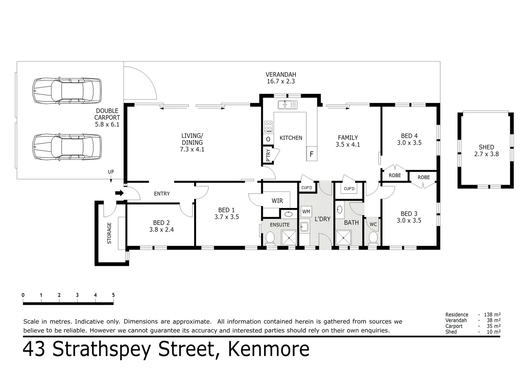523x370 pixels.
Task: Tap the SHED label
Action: (x=486, y=147)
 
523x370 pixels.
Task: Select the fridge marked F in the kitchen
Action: (x=311, y=154)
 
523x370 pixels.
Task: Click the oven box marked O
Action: (x=268, y=139)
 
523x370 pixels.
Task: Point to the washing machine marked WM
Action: (x=306, y=212)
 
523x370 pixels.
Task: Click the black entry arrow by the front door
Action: (x=119, y=193)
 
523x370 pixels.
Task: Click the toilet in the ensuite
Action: (x=270, y=238)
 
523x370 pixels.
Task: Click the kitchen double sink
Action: (x=288, y=104)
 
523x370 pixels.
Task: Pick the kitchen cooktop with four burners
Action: (x=268, y=126)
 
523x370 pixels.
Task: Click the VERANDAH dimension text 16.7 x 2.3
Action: (x=281, y=82)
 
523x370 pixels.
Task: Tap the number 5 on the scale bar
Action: (x=113, y=295)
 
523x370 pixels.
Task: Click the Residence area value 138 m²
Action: (x=492, y=314)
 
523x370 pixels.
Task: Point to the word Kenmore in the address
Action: (x=269, y=349)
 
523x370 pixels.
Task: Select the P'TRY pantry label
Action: (x=268, y=155)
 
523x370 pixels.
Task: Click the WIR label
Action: (x=277, y=201)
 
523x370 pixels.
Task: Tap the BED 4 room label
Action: (x=409, y=136)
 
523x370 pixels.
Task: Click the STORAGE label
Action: (x=110, y=233)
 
